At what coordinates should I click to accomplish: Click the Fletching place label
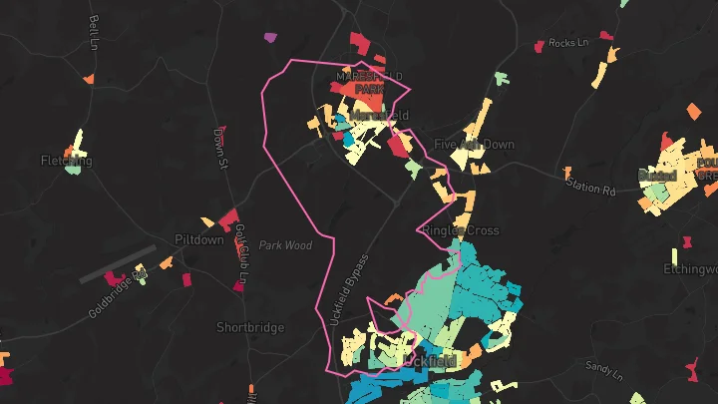click(66, 161)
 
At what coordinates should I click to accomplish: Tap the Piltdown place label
click(199, 241)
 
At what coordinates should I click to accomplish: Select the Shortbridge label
click(250, 327)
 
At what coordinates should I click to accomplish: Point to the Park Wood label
click(285, 245)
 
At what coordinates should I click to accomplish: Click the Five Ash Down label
click(488, 145)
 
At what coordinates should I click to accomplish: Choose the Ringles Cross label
click(460, 230)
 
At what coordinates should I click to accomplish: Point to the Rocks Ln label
click(568, 43)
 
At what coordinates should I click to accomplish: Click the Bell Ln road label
click(93, 33)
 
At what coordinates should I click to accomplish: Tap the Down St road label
click(220, 150)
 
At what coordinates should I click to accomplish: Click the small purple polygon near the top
click(270, 38)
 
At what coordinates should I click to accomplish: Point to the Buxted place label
click(657, 176)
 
